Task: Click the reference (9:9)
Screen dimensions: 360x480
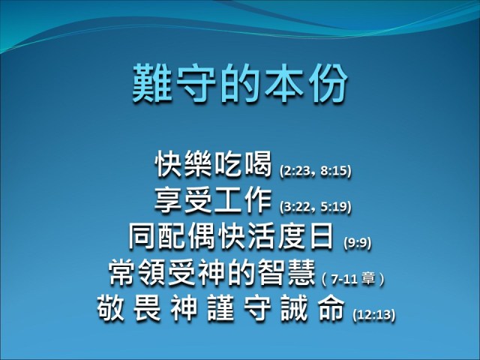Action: pos(357,242)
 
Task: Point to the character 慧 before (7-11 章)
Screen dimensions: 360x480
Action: pos(299,271)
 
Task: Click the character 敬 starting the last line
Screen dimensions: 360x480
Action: pos(112,307)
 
